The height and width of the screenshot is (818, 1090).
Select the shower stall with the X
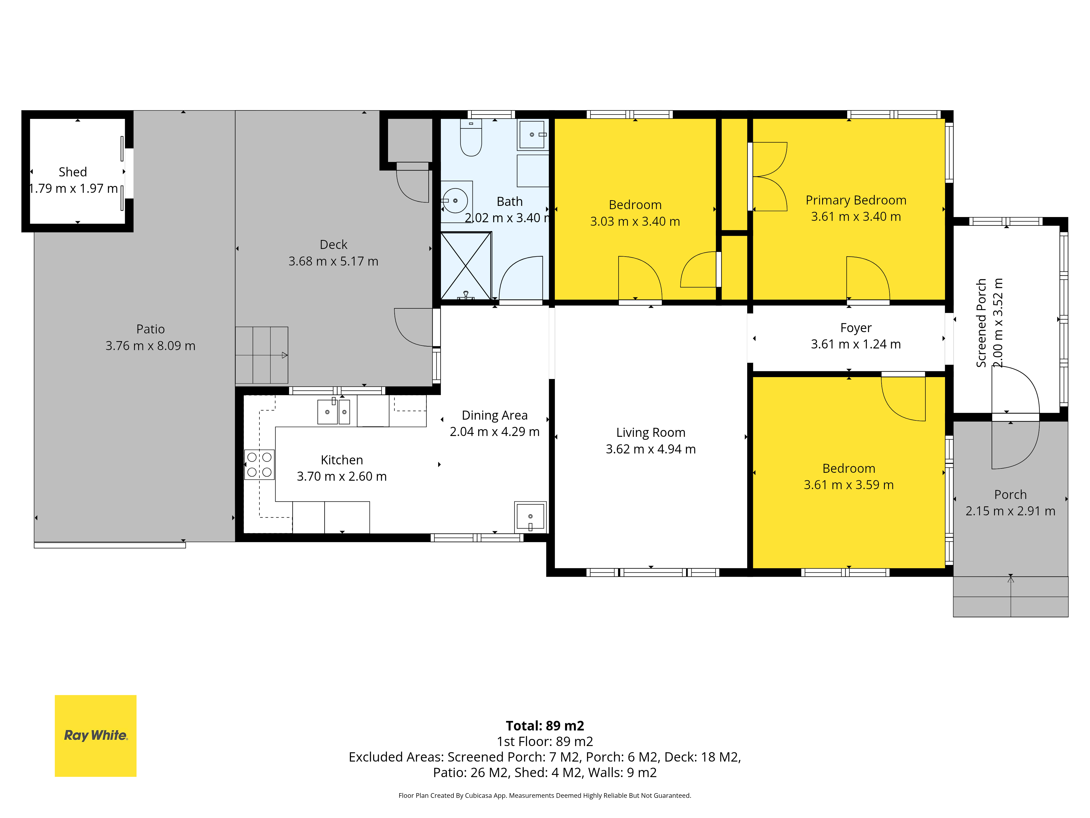click(466, 266)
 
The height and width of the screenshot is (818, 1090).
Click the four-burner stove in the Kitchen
click(259, 464)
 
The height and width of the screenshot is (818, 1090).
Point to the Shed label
click(73, 172)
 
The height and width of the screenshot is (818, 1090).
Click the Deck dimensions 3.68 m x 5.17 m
click(334, 261)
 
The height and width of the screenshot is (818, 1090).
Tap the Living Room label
click(651, 432)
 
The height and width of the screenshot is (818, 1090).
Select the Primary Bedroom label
click(856, 200)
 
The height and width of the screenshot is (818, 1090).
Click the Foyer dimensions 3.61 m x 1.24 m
click(856, 344)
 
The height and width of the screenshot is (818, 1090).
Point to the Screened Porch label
click(981, 323)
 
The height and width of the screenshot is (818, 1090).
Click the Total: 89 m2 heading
click(545, 726)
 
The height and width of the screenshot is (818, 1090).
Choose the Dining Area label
click(495, 415)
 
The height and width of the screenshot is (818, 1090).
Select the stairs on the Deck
click(262, 355)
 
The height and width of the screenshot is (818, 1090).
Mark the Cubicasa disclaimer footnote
click(545, 795)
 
